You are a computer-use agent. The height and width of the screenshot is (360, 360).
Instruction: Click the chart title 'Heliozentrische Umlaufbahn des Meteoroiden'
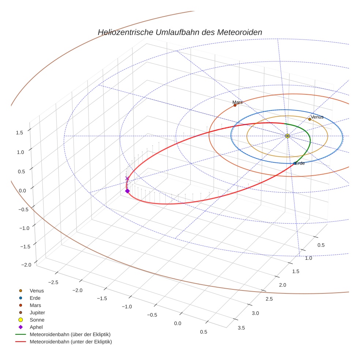tap(180, 32)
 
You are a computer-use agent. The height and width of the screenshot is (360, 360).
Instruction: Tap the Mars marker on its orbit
tap(235, 105)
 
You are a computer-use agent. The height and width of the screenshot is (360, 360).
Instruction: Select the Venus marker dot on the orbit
tap(310, 119)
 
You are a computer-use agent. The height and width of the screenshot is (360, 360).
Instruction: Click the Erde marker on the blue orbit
tap(295, 163)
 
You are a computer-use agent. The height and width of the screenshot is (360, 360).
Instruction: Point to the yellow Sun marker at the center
tap(287, 136)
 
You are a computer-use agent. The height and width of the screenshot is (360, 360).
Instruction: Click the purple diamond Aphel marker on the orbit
tap(127, 191)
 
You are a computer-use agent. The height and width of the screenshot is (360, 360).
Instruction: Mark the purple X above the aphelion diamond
tap(127, 179)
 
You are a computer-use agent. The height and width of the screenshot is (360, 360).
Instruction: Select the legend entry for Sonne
tap(37, 320)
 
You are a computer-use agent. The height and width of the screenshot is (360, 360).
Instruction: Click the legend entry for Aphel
tap(36, 327)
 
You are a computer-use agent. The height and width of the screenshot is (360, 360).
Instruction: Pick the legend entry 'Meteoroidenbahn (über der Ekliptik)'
tap(70, 334)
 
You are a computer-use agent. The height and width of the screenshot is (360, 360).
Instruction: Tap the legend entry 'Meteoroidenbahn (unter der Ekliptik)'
tap(71, 342)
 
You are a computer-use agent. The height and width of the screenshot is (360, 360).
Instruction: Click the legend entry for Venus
tap(37, 291)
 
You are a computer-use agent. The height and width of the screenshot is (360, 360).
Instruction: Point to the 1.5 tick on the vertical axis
tap(20, 133)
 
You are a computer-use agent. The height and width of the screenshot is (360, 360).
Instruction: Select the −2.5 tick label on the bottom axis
tap(53, 282)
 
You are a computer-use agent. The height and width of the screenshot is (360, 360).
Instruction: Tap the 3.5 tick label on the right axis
tap(241, 328)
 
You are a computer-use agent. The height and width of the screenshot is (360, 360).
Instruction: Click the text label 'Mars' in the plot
tap(237, 102)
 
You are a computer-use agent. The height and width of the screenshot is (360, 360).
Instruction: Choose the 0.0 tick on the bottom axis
tap(178, 323)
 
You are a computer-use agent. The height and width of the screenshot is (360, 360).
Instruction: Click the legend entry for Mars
tap(35, 305)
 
